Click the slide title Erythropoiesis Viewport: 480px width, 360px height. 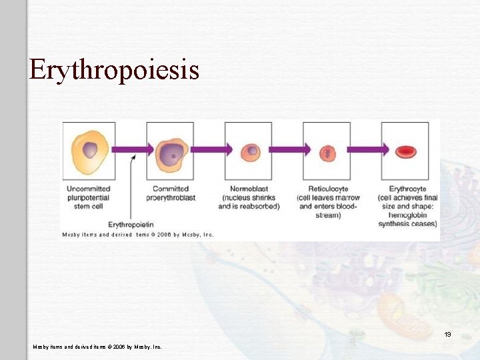point(114,69)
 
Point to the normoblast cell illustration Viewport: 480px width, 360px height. point(251,151)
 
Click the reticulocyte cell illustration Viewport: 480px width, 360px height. point(327,153)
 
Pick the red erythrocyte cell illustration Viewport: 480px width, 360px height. point(405,152)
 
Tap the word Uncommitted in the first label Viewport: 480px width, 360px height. point(89,189)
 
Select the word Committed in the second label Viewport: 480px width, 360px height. point(171,189)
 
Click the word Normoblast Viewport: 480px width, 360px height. point(249,189)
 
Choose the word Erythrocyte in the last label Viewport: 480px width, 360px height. point(407,189)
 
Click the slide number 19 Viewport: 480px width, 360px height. point(448,334)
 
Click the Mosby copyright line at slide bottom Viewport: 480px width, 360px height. point(97,347)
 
